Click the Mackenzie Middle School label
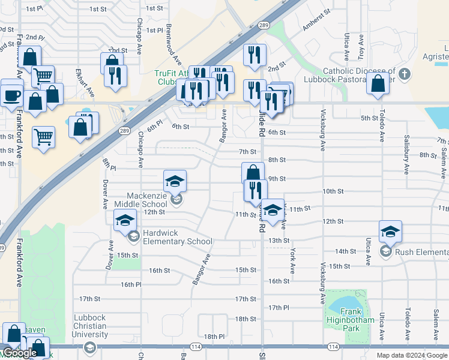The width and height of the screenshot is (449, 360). tap(146, 200)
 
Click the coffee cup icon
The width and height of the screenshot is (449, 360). tap(11, 94)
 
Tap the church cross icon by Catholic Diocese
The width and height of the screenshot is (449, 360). tap(405, 74)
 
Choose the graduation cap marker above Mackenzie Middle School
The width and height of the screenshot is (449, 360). tap(175, 181)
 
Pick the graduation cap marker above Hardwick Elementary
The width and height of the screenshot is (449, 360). tap(125, 221)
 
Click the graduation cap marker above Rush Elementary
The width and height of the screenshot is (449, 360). tap(390, 232)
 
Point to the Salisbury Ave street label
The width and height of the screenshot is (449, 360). tap(406, 155)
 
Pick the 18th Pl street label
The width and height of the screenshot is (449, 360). tap(214, 337)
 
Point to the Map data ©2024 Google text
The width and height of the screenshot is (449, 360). tap(411, 355)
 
